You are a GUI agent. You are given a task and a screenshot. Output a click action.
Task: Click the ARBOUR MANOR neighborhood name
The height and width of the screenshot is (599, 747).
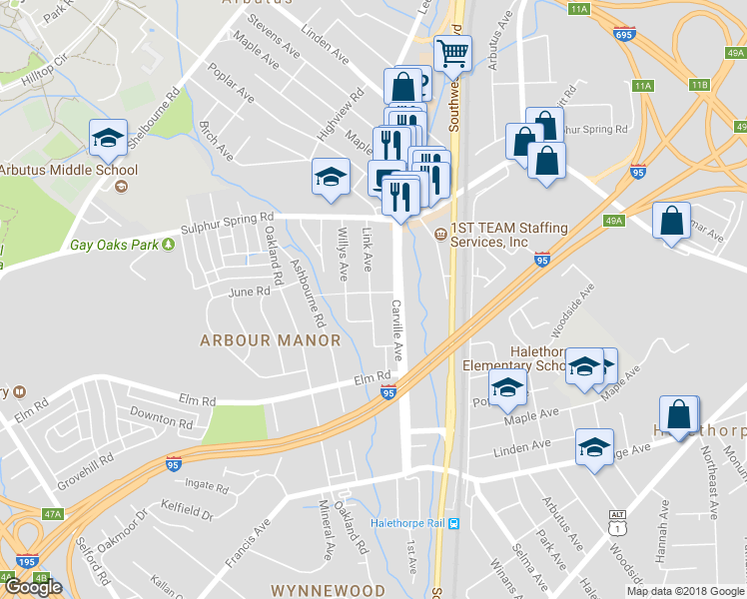[x=271, y=340]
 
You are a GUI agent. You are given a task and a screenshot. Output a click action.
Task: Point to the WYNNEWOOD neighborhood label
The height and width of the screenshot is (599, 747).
[x=328, y=590]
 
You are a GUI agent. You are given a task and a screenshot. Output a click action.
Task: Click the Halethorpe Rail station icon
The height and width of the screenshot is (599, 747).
[x=454, y=523]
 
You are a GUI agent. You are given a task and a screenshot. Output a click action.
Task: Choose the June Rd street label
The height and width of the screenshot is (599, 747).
[x=250, y=293]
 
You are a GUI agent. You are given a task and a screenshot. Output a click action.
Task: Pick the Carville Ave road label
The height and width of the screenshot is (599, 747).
[x=396, y=329]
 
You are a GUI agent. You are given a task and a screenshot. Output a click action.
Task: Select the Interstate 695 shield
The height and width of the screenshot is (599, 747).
[x=624, y=35]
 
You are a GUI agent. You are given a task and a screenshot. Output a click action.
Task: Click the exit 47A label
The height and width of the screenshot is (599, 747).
[x=52, y=514]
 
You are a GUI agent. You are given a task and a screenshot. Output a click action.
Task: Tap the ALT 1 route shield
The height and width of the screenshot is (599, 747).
[x=619, y=520]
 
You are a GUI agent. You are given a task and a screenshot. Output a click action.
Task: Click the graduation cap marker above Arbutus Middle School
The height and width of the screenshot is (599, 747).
[x=108, y=138]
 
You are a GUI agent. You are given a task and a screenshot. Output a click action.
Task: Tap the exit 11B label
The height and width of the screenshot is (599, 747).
[x=698, y=85]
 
